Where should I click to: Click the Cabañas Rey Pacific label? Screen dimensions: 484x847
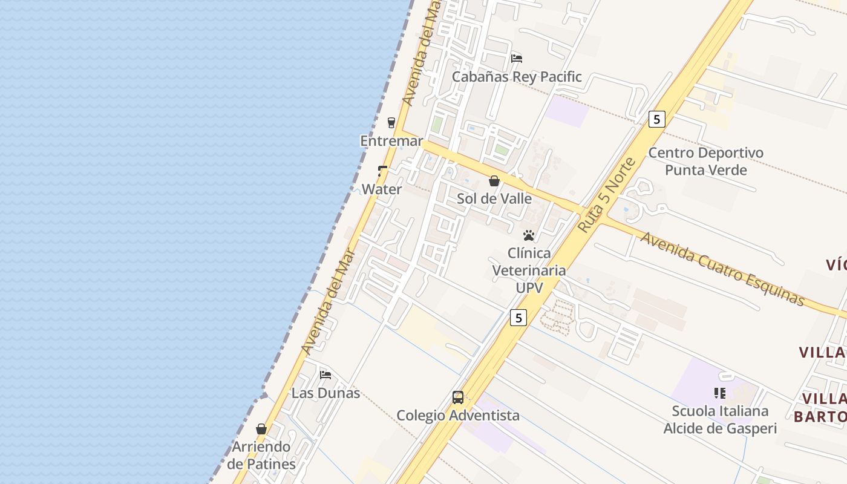[x=517, y=77]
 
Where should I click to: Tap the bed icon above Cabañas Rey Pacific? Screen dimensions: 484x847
[x=517, y=59]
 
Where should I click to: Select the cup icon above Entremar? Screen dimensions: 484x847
[x=391, y=122]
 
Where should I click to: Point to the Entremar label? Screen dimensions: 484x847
[x=391, y=141]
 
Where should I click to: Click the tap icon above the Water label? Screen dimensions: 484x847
[x=382, y=171]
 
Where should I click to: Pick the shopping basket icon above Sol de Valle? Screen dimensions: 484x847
[x=494, y=181]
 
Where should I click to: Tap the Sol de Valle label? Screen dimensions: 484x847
[x=494, y=198]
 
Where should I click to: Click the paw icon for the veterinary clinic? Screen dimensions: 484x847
[x=529, y=235]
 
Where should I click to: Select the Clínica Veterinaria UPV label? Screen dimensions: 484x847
[x=529, y=270]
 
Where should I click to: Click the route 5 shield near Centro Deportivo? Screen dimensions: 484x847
[x=656, y=119]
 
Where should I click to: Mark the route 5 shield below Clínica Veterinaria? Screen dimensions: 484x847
[x=518, y=317]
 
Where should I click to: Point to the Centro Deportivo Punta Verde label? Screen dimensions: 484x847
[x=705, y=161]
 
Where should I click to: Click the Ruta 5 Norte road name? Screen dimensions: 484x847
[x=607, y=195]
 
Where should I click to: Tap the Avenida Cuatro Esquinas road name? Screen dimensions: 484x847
[x=722, y=269]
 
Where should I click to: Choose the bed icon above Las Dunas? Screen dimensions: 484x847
[x=325, y=374]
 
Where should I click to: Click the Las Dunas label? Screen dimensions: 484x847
[x=325, y=393]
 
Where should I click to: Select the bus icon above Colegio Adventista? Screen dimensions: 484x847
[x=458, y=397]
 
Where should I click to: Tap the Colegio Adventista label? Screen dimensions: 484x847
[x=458, y=416]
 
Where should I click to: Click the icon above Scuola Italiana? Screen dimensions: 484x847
[x=720, y=393]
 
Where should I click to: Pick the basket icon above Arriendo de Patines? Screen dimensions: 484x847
[x=261, y=429]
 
